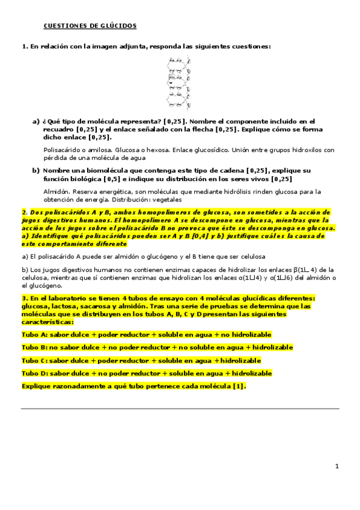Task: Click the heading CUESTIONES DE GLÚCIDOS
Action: (x=90, y=26)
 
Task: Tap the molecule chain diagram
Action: (x=180, y=81)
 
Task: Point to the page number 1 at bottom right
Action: (x=337, y=465)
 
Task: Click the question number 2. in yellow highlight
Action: (x=25, y=212)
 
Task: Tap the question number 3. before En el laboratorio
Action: (x=25, y=299)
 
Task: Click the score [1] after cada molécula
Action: (x=239, y=386)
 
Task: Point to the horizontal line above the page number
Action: (x=180, y=408)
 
